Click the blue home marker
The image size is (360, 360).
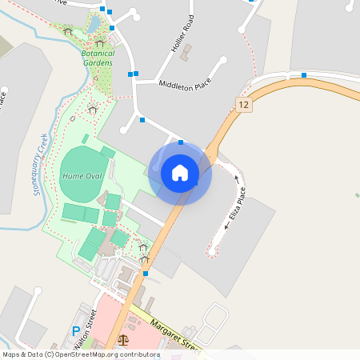[180, 172]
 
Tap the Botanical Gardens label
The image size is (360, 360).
[97, 58]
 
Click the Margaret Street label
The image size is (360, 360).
[173, 336]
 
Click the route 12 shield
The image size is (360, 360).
[244, 105]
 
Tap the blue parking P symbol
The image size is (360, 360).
[77, 331]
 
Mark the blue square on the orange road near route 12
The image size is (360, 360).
[304, 75]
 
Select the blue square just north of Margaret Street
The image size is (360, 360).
[145, 274]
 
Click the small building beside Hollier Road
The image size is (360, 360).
[187, 53]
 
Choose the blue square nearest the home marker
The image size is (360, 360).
[181, 142]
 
